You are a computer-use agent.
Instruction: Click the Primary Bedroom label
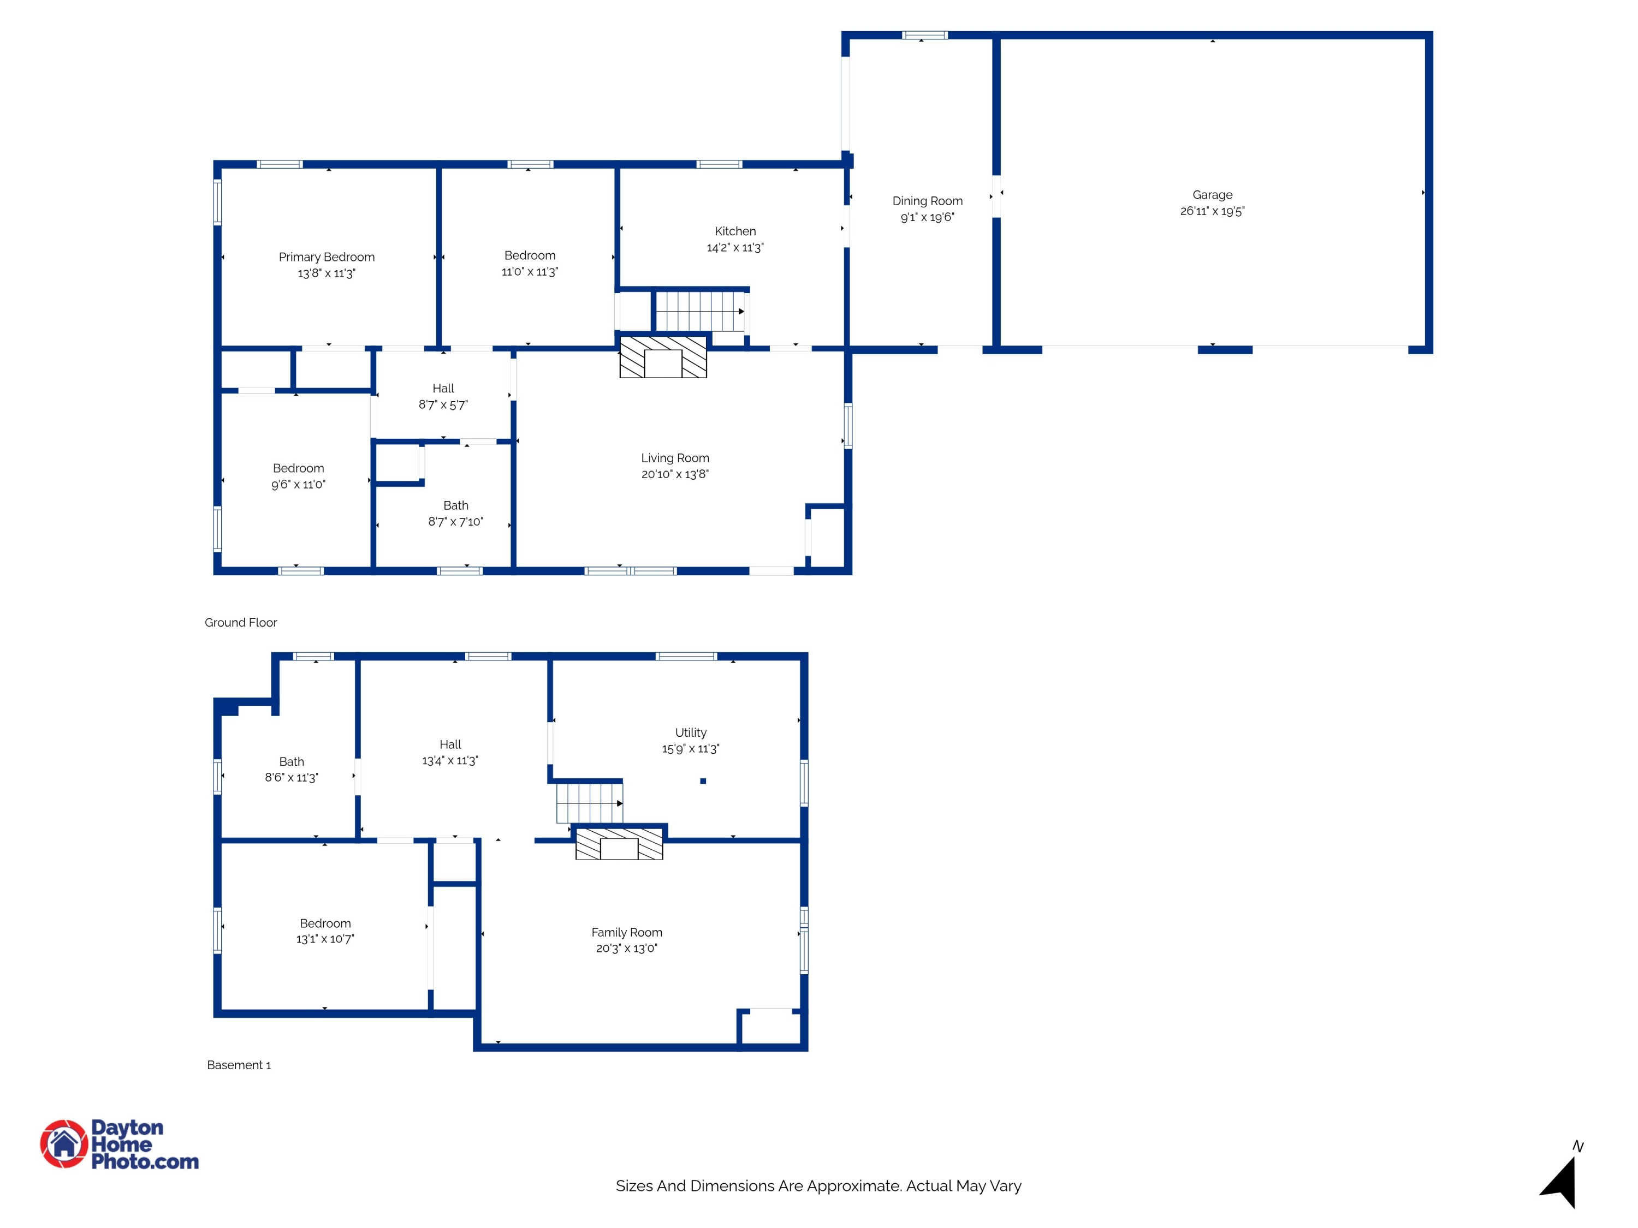pos(327,257)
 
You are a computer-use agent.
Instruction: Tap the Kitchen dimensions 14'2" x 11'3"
pos(735,247)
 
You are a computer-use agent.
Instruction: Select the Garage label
pos(1212,195)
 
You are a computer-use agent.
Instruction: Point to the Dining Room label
pos(927,201)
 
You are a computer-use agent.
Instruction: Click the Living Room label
pos(675,458)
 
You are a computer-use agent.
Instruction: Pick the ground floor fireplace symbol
pos(663,357)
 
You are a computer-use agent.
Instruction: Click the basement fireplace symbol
pos(619,844)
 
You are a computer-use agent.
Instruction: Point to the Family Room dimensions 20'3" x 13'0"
pos(626,948)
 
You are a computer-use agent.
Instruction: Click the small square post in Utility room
pos(703,781)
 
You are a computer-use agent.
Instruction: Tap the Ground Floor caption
pos(241,623)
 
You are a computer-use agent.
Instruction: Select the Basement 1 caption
pos(239,1065)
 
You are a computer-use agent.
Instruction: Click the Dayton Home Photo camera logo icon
pos(64,1143)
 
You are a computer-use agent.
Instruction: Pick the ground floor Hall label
pos(443,389)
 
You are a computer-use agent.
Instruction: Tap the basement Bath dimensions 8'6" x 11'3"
pos(292,777)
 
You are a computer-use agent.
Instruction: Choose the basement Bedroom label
pos(325,923)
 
